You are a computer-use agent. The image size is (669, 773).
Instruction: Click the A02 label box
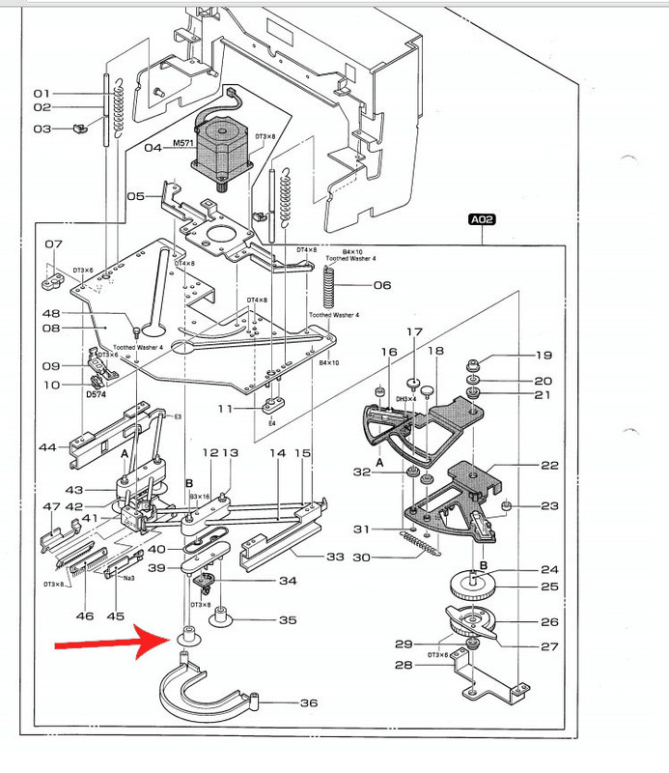click(482, 220)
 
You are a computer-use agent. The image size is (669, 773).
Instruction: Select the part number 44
click(48, 448)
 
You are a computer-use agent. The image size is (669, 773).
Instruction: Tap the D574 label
click(97, 394)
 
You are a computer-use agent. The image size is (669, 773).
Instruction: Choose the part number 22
click(549, 465)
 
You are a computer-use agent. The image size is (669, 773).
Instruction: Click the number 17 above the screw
click(414, 332)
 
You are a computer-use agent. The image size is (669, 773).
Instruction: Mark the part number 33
click(335, 556)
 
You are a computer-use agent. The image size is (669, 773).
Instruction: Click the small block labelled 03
click(81, 128)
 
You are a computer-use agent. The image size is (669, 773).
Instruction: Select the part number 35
click(288, 620)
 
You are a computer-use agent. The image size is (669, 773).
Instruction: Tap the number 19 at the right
click(544, 355)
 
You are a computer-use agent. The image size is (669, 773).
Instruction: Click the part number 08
click(52, 329)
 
